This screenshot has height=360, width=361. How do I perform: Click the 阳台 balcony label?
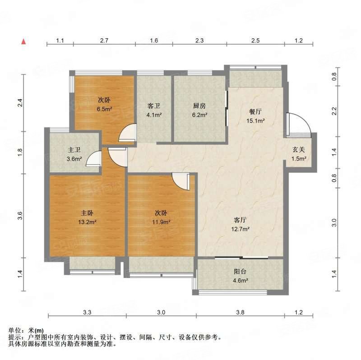pyautogui.click(x=240, y=272)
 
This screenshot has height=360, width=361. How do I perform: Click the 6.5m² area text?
pyautogui.click(x=104, y=109)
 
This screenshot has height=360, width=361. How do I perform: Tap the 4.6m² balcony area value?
pyautogui.click(x=240, y=281)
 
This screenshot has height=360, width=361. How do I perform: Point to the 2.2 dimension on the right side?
pyautogui.click(x=334, y=111)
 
